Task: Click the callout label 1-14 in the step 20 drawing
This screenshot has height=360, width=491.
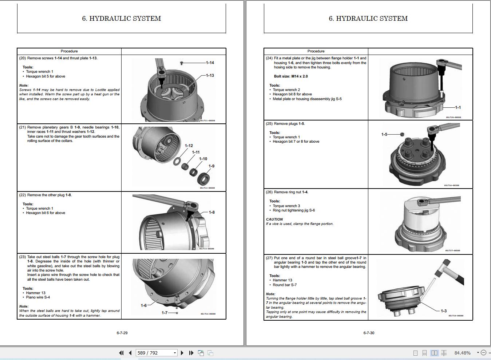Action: pyautogui.click(x=210, y=63)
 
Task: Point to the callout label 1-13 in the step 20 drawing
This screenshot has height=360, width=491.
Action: pyautogui.click(x=210, y=75)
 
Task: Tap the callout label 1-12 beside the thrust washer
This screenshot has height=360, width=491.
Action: pyautogui.click(x=189, y=146)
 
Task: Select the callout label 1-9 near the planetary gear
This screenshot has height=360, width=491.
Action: pyautogui.click(x=211, y=166)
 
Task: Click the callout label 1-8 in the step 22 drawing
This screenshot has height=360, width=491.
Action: pyautogui.click(x=211, y=212)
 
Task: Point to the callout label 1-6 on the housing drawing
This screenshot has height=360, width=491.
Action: pyautogui.click(x=144, y=305)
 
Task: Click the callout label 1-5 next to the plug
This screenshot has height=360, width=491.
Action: pyautogui.click(x=384, y=134)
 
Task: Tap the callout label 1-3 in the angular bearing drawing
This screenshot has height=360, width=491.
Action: pyautogui.click(x=443, y=311)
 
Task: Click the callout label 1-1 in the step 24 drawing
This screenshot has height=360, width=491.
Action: pyautogui.click(x=458, y=107)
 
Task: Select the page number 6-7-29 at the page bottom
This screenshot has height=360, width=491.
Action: pyautogui.click(x=122, y=333)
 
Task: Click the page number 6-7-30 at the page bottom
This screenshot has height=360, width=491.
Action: pyautogui.click(x=369, y=333)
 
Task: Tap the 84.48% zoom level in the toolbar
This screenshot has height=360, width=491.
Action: pyautogui.click(x=462, y=353)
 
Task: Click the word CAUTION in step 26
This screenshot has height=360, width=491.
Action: pyautogui.click(x=274, y=219)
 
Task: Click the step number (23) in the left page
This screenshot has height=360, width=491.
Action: pyautogui.click(x=22, y=257)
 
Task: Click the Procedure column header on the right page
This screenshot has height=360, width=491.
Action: pyautogui.click(x=316, y=51)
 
